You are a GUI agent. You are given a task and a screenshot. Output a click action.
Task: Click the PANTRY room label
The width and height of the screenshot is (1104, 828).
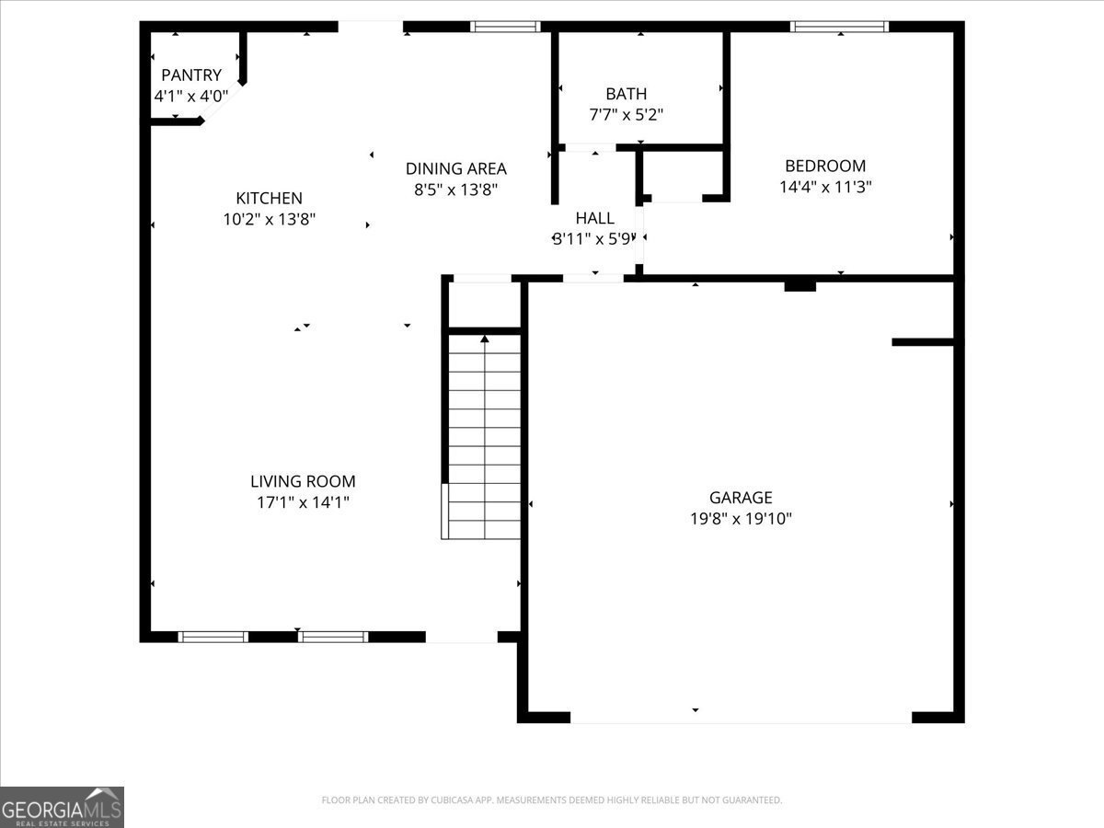pos(191,75)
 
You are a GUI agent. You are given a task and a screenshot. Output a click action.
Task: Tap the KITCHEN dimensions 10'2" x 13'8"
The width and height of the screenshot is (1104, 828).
pos(269,219)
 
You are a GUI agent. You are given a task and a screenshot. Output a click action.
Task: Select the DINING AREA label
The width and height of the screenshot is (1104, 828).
pos(456,168)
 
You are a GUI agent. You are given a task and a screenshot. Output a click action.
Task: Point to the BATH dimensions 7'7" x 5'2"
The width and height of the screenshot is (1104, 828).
pos(627,115)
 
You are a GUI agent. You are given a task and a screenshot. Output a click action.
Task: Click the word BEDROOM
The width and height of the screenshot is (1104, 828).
pos(825,166)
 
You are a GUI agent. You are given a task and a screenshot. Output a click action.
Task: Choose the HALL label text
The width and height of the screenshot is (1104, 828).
pos(594,218)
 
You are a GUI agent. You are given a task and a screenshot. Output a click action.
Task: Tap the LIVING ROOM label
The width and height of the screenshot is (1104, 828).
pos(303,481)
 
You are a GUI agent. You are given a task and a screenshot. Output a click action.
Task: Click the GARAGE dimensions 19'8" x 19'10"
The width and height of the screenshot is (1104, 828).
pos(741,518)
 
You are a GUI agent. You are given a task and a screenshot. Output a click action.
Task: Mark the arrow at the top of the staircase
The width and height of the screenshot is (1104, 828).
pos(484,339)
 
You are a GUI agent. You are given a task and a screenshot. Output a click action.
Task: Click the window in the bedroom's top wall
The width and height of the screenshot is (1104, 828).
pos(839,27)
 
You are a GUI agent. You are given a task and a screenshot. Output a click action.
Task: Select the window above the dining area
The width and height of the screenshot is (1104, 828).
pos(505,27)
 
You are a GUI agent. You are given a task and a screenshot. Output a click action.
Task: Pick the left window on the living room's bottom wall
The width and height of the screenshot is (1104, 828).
pos(213,637)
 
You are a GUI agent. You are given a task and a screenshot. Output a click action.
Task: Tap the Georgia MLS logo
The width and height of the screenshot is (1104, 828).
pos(62,807)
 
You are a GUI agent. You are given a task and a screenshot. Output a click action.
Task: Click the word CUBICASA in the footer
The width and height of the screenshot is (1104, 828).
pos(452,799)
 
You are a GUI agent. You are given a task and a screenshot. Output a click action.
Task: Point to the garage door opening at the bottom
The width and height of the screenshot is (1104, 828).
pos(741,718)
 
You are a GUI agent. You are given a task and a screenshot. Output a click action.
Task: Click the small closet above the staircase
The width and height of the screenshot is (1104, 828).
pos(484,305)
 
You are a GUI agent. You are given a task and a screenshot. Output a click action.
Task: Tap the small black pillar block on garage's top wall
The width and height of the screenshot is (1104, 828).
pos(800,286)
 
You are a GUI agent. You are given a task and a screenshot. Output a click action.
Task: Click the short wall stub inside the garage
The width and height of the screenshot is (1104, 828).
pos(923,342)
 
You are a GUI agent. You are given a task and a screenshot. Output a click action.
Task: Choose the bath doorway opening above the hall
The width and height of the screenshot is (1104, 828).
pos(591,147)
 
